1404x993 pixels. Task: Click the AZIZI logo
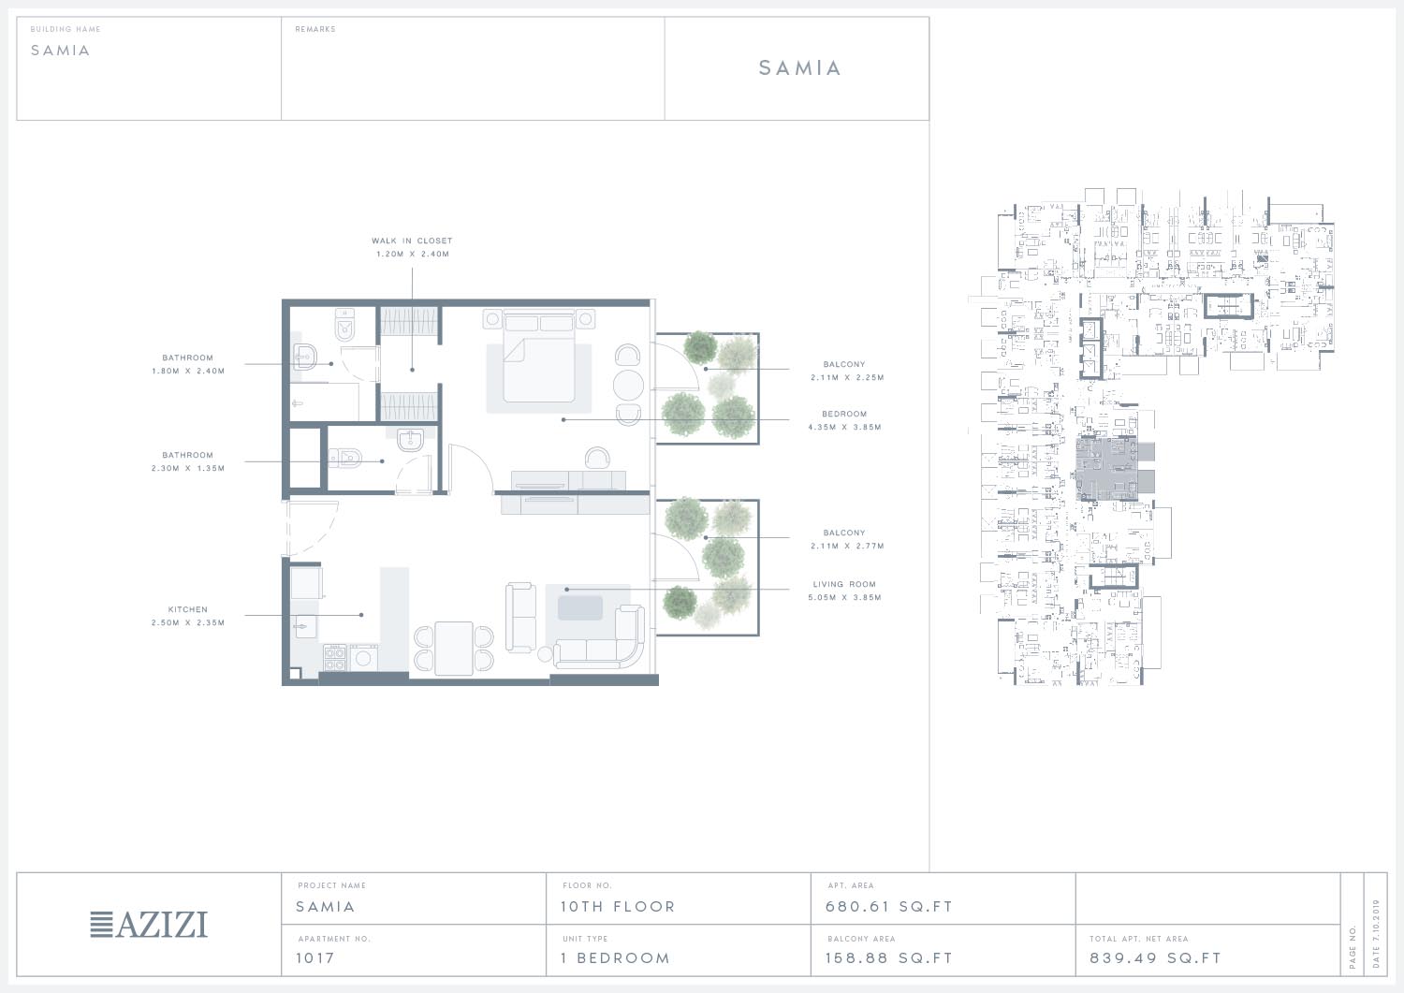click(149, 925)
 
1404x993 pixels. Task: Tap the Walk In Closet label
click(412, 241)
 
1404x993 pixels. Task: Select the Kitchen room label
click(187, 609)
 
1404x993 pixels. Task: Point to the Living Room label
click(844, 584)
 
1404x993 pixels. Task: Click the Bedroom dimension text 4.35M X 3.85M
click(844, 428)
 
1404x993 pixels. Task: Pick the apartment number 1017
click(315, 957)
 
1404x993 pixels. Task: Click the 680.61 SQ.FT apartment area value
click(889, 907)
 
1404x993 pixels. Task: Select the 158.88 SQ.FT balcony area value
click(889, 957)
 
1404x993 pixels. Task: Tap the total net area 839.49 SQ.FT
click(1155, 957)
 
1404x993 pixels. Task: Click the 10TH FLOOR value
click(618, 907)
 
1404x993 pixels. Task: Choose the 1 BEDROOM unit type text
click(616, 957)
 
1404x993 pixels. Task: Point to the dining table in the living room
click(454, 649)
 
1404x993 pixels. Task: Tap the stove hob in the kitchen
click(335, 658)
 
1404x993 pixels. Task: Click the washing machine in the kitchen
click(363, 658)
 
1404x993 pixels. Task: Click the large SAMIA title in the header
click(799, 67)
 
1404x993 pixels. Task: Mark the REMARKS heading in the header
click(315, 29)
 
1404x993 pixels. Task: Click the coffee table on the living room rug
click(580, 608)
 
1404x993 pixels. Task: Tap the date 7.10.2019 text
click(1377, 933)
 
